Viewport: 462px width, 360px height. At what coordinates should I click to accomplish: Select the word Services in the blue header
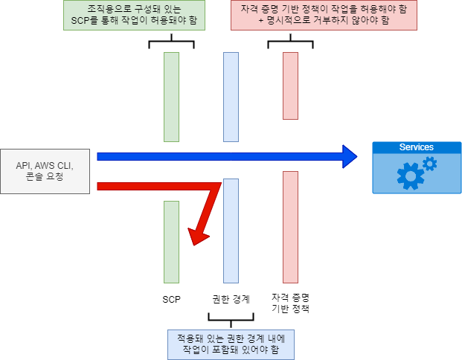point(416,147)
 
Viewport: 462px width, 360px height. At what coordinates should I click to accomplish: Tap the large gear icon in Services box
point(410,176)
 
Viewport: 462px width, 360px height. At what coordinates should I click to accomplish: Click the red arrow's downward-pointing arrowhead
point(197,237)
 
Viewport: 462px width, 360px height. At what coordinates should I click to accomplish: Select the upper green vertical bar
point(171,97)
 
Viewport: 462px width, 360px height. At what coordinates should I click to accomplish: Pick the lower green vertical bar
point(171,242)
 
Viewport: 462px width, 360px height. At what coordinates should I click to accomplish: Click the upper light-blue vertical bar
point(231,97)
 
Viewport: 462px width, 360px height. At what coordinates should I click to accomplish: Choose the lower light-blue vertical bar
point(231,231)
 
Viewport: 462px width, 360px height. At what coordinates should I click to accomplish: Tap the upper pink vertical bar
point(290,86)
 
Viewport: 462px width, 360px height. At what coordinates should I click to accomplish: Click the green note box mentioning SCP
point(134,15)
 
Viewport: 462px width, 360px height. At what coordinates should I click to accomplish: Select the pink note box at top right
point(324,15)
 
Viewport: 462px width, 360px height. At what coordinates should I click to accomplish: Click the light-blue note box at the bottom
point(231,342)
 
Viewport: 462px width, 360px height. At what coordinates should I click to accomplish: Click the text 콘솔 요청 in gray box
point(45,177)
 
